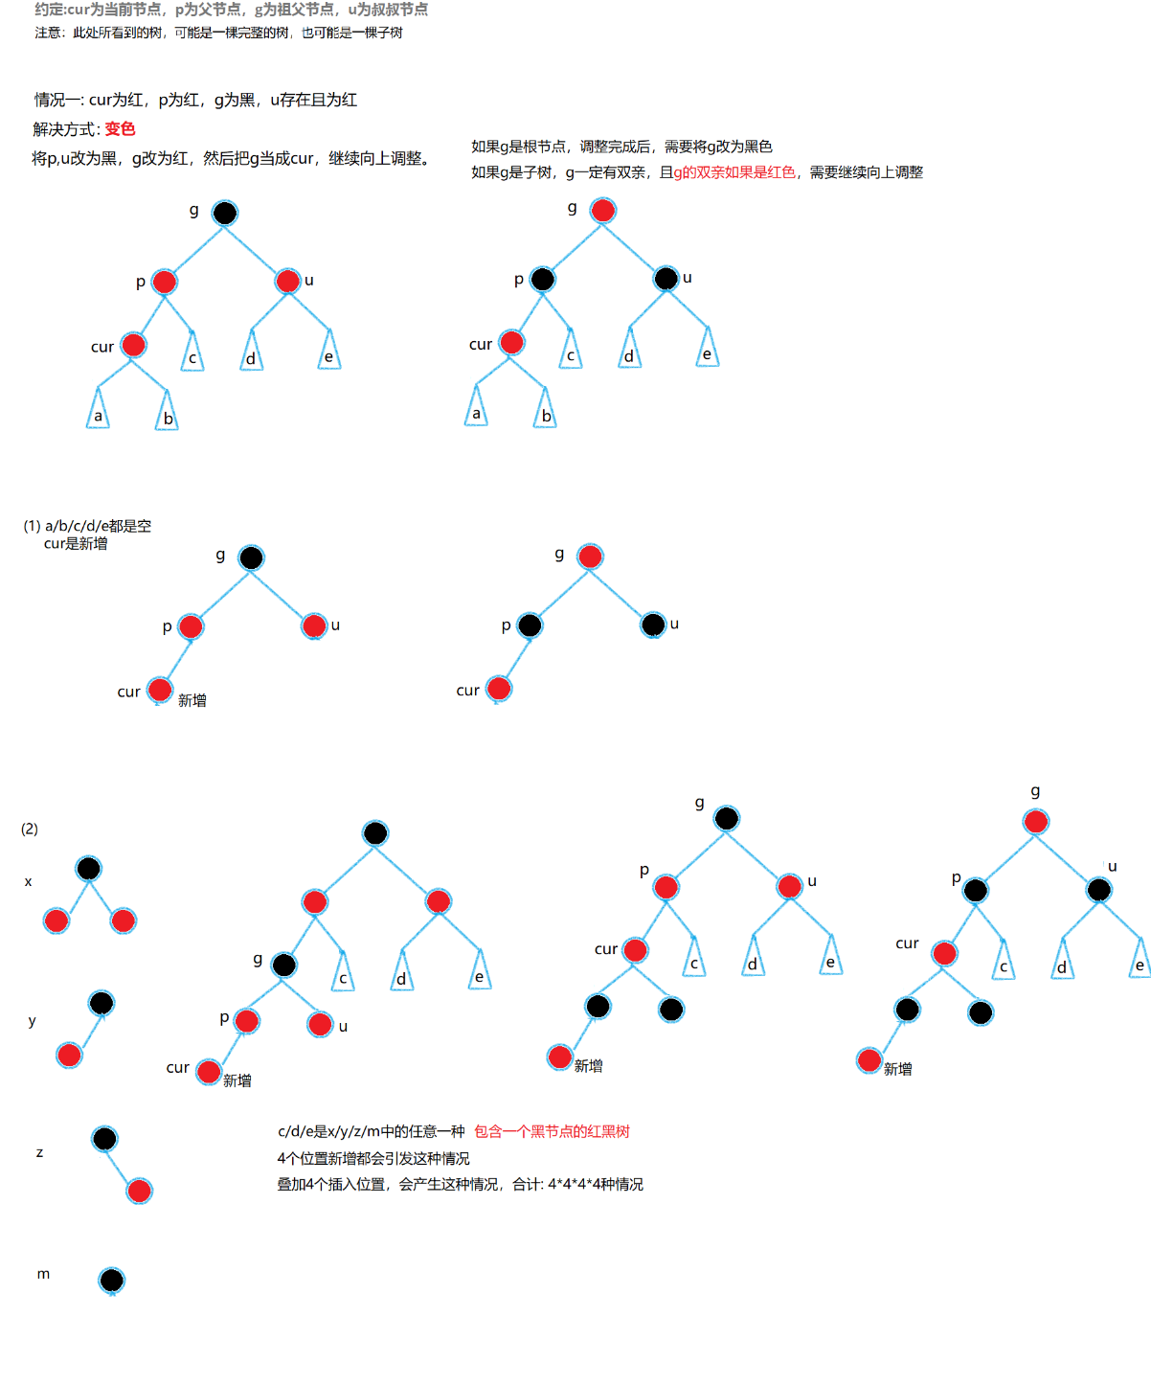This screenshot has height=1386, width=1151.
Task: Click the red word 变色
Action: click(120, 129)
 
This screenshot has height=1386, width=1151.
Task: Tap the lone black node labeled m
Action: click(112, 1280)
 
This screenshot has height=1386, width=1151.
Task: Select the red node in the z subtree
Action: click(139, 1191)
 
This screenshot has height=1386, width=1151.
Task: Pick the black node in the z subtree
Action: click(104, 1139)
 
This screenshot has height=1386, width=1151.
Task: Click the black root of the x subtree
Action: click(88, 869)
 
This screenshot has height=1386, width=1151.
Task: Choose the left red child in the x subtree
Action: click(56, 920)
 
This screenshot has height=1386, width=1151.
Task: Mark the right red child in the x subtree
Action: click(123, 920)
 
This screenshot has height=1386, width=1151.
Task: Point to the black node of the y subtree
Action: click(101, 1003)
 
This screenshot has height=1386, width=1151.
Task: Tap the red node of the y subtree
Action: click(69, 1056)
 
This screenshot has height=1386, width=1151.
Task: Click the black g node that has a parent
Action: click(284, 965)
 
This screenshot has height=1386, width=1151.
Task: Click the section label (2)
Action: click(30, 829)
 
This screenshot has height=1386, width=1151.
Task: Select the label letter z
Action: click(39, 1152)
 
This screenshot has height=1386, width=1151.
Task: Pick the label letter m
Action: click(43, 1274)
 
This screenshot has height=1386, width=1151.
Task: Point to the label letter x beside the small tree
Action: click(28, 881)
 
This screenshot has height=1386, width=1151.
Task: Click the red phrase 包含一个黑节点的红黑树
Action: click(552, 1131)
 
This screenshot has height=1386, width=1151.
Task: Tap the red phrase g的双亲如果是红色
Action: click(734, 172)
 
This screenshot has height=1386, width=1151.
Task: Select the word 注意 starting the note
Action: click(48, 33)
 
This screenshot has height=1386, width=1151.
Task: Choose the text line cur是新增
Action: click(76, 543)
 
